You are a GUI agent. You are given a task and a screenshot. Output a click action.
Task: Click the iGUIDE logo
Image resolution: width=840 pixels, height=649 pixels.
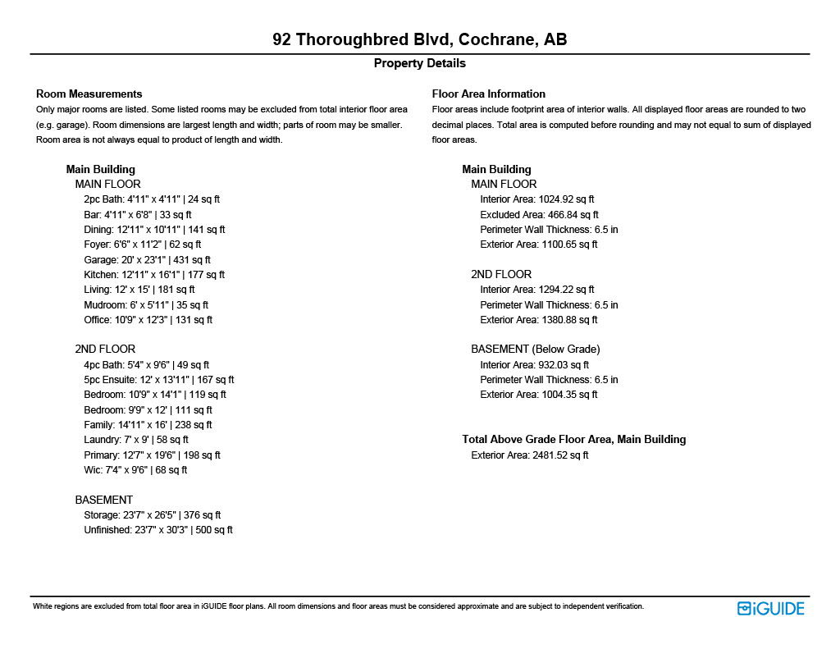[770, 608]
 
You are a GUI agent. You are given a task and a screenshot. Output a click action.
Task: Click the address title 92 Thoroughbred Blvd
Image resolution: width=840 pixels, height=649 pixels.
[419, 40]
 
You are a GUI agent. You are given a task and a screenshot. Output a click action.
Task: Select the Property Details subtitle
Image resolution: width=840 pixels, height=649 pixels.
[419, 63]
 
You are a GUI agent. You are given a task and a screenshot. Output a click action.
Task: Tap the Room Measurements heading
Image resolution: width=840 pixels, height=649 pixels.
[89, 94]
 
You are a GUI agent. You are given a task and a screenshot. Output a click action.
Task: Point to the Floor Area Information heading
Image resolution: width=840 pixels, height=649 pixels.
[488, 94]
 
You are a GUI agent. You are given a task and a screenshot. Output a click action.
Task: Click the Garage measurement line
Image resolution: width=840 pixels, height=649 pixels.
[147, 259]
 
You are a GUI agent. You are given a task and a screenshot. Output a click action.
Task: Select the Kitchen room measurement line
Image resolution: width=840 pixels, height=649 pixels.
[154, 275]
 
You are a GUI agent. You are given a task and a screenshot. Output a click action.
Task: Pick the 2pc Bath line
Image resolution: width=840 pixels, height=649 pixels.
[152, 199]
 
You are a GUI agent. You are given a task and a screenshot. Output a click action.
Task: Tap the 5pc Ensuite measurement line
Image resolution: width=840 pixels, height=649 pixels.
[158, 380]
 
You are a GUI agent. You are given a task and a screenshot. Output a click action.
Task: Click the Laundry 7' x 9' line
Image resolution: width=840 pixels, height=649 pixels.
[136, 440]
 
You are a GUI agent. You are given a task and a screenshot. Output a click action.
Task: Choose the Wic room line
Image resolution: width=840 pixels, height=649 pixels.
[135, 470]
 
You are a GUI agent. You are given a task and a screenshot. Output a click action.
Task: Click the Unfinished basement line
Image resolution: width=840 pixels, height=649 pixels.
[158, 530]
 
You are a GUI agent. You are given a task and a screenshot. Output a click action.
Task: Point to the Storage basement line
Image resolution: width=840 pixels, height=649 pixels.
[152, 515]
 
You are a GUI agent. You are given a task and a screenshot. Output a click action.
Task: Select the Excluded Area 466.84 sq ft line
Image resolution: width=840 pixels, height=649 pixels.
[539, 215]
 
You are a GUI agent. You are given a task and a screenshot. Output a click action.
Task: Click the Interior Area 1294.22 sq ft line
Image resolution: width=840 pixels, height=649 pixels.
[537, 290]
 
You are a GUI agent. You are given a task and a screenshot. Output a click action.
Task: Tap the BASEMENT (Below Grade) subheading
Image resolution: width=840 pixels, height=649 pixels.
[535, 349]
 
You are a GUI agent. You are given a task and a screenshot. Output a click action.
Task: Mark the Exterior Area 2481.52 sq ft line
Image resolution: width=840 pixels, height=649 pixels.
[529, 455]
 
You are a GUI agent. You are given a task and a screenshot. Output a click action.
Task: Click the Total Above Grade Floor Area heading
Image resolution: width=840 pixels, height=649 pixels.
[573, 440]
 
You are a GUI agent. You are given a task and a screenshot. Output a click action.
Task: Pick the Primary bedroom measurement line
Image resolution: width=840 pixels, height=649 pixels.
[152, 455]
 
